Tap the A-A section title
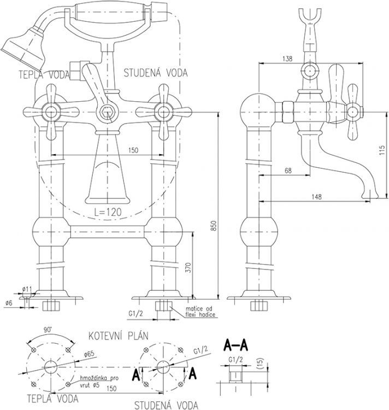[237, 344]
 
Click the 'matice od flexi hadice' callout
[201, 312]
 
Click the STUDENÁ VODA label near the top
[156, 72]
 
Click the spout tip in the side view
[374, 194]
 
